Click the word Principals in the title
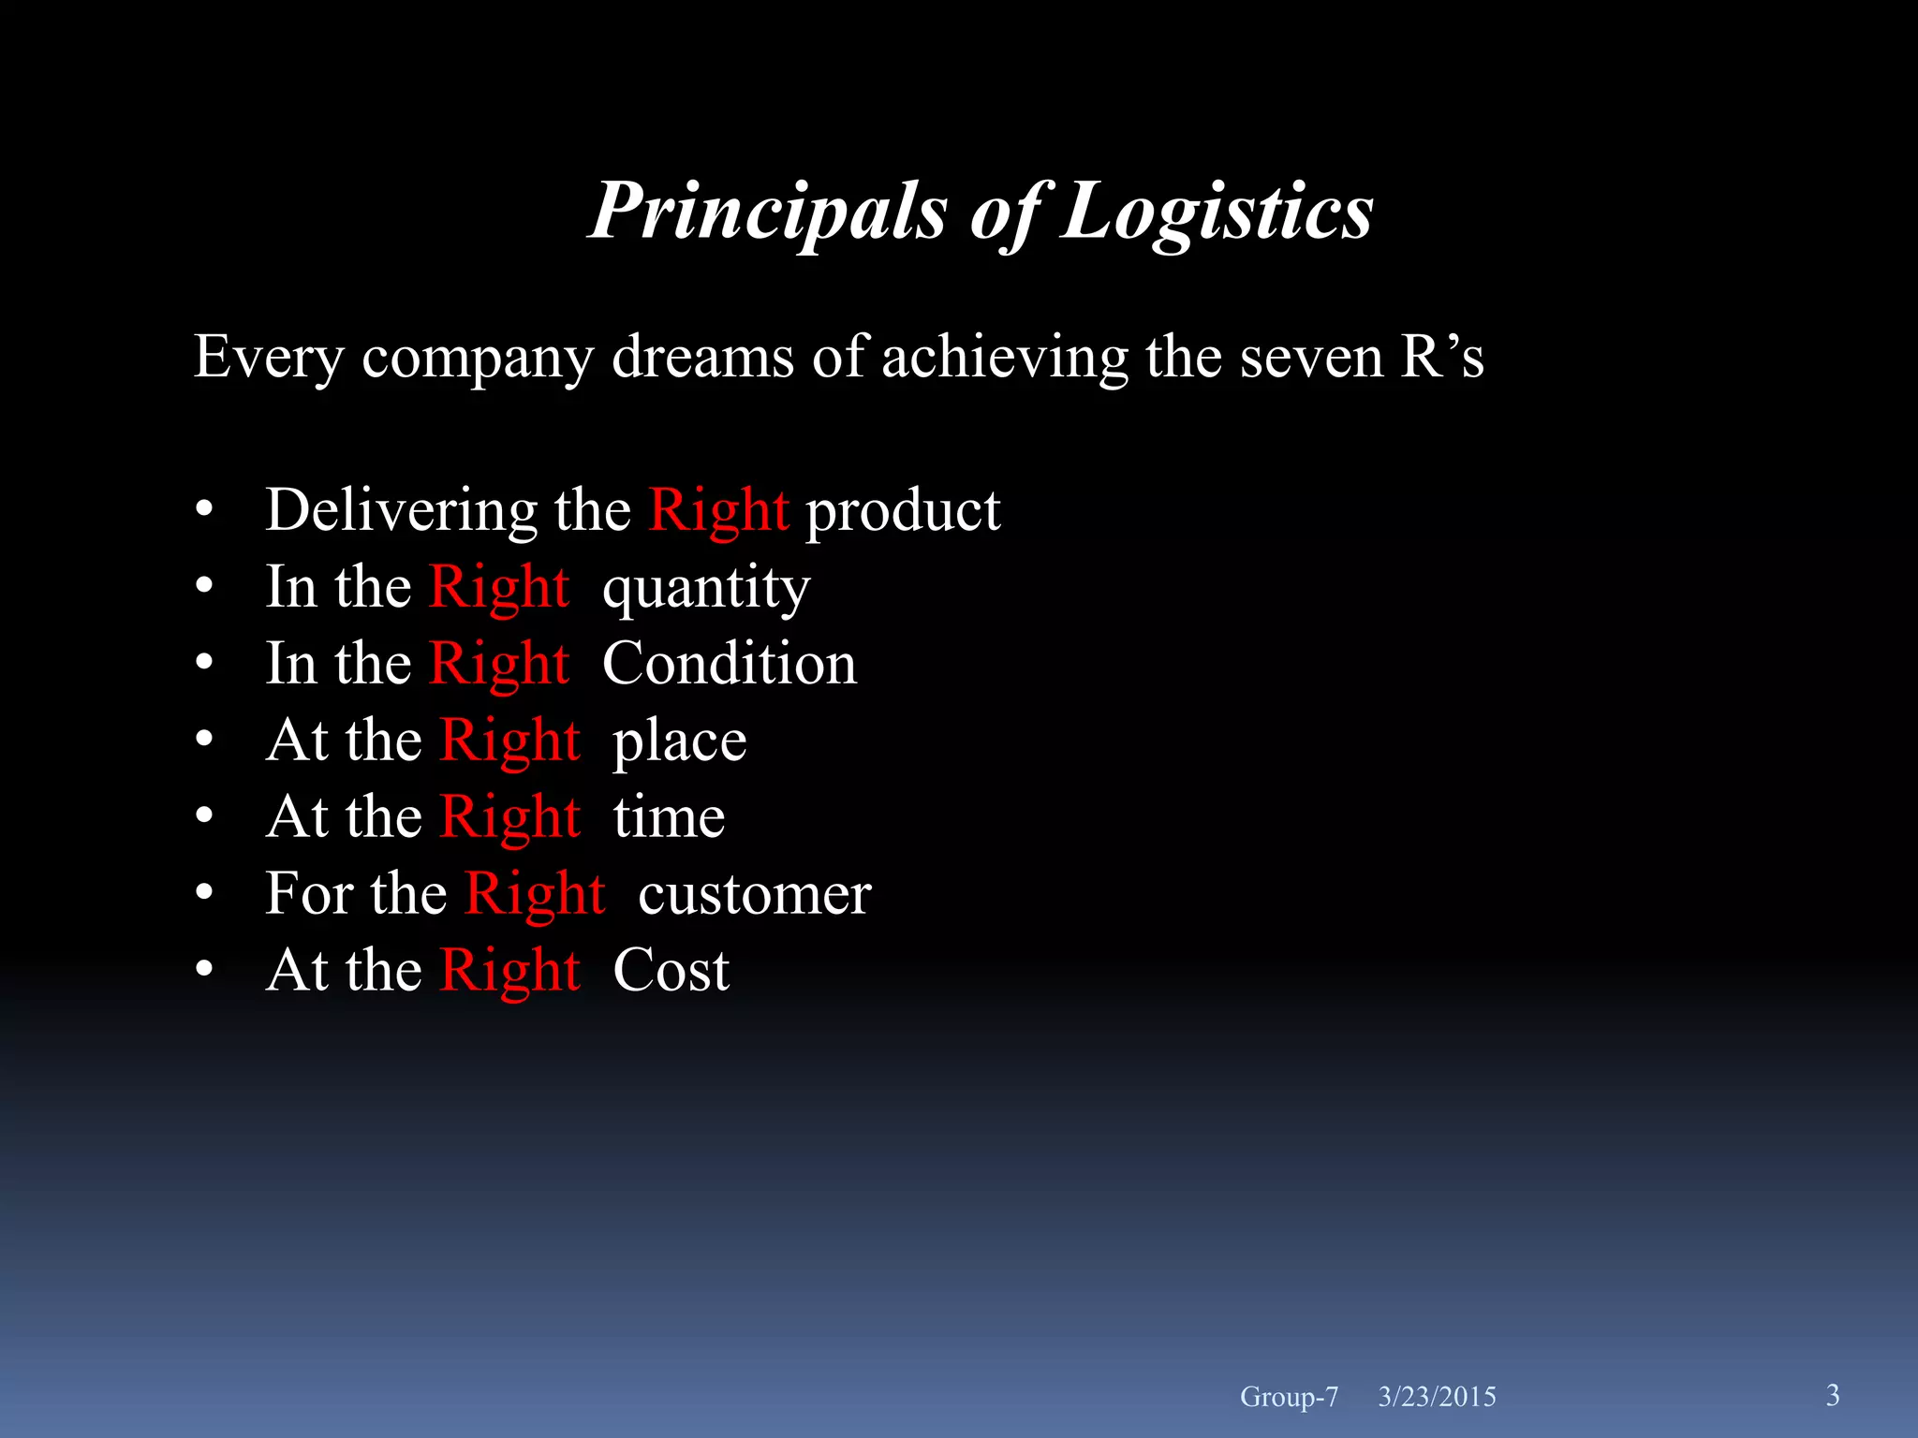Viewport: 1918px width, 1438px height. pos(768,212)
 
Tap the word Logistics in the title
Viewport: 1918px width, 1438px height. pos(1217,212)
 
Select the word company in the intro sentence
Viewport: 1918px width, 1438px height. pos(478,359)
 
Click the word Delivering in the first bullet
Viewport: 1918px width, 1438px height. pos(401,510)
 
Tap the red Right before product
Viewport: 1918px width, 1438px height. pos(718,511)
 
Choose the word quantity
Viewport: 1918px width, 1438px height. pos(706,590)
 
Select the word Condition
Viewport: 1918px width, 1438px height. pos(729,664)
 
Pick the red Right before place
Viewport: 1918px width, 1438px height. pos(509,741)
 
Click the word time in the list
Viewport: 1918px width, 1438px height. pos(669,817)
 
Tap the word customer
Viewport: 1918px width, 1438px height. pos(754,894)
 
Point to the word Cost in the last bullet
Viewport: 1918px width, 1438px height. pos(671,970)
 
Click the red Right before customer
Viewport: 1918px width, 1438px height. pos(535,894)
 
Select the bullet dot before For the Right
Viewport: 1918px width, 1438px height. pos(205,894)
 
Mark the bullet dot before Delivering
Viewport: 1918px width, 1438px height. pos(205,511)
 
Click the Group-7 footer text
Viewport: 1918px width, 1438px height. pos(1289,1397)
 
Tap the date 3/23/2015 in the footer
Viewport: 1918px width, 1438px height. pos(1437,1397)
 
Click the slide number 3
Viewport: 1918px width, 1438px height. pos(1833,1395)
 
